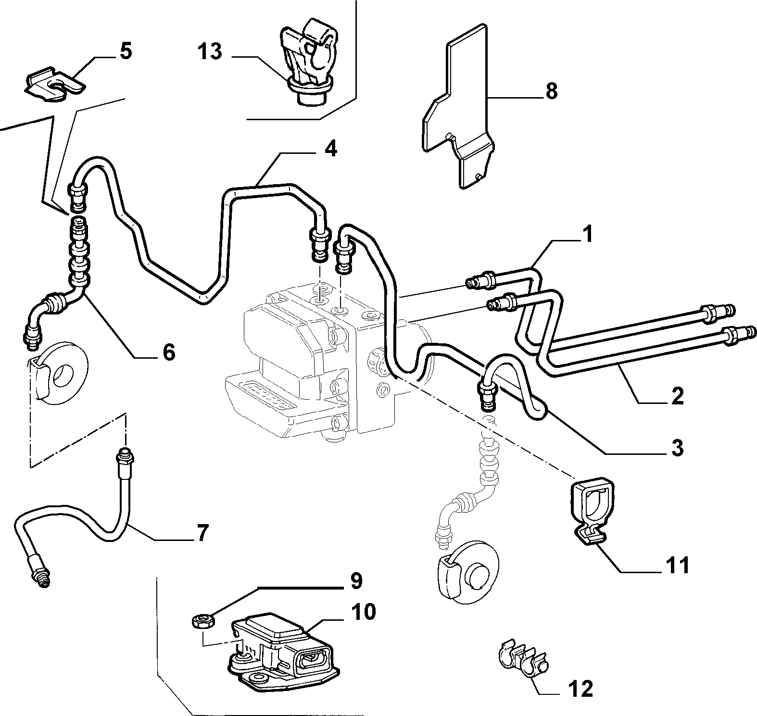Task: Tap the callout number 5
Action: (x=125, y=51)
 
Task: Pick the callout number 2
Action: (x=677, y=395)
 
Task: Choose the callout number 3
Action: (x=677, y=448)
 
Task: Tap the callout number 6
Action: (x=168, y=352)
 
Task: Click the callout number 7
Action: (x=202, y=533)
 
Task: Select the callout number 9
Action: (x=355, y=581)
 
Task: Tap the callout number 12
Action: (x=580, y=689)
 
